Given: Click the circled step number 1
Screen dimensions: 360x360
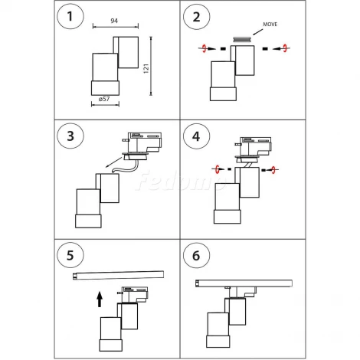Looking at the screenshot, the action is click(70, 16).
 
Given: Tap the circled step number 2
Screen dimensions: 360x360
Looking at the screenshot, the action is click(197, 17).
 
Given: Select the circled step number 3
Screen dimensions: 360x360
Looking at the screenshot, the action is click(70, 136).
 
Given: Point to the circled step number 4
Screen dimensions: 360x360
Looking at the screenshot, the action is click(196, 136).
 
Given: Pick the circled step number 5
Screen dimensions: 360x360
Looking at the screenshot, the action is click(70, 255).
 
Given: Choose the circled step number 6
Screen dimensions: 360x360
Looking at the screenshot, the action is click(196, 256).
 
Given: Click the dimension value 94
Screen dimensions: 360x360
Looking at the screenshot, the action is click(114, 21).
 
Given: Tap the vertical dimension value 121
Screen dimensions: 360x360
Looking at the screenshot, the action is click(146, 69).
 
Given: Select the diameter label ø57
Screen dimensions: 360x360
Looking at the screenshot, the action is click(104, 99).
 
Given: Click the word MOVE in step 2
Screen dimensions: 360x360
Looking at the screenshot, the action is click(270, 25).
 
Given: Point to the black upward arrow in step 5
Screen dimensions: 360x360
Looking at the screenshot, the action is click(100, 299).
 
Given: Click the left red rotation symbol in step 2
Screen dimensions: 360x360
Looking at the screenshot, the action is click(205, 48).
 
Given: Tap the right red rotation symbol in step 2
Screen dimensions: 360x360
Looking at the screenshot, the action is click(285, 47).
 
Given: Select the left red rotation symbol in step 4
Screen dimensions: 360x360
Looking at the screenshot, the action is click(218, 169).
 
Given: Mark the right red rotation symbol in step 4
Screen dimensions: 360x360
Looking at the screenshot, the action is click(273, 170).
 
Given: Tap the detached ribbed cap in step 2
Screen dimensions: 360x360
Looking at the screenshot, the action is click(242, 40).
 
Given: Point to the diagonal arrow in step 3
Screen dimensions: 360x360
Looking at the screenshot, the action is click(114, 162).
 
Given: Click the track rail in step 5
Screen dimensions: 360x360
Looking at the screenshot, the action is click(118, 275).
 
